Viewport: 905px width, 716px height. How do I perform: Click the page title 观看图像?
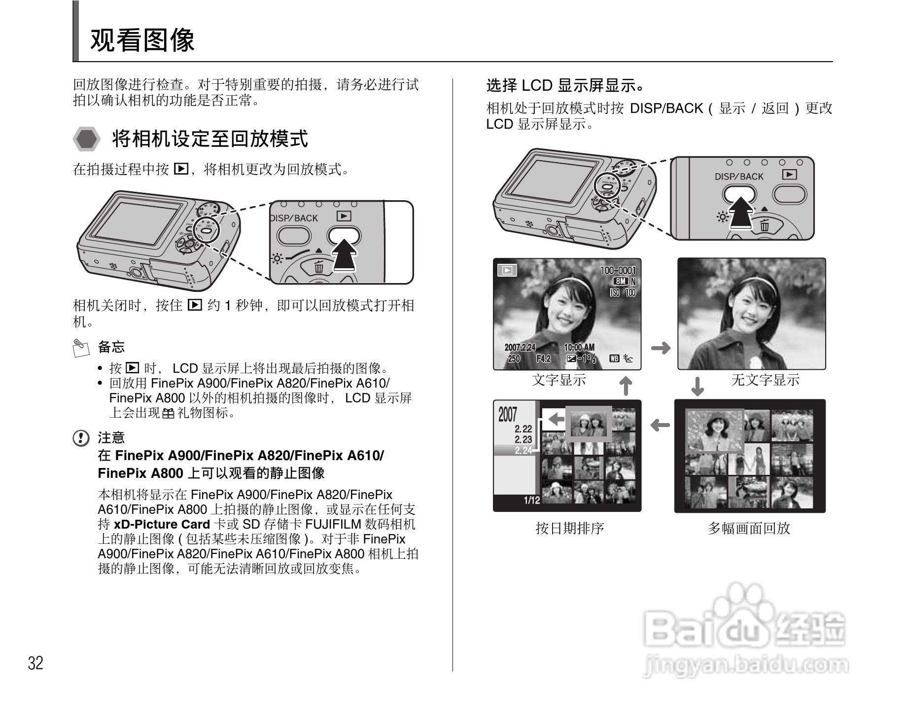pos(142,40)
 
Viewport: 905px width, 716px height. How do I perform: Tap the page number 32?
pos(35,663)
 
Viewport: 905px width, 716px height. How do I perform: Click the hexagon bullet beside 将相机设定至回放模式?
pos(87,139)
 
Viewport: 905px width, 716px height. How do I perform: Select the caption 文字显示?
pos(559,380)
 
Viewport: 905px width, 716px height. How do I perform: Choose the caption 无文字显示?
pos(765,380)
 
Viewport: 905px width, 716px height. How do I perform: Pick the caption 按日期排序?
pos(570,528)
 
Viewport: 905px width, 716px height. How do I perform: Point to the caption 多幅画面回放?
pos(749,528)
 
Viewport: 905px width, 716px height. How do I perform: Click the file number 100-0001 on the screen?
pos(618,270)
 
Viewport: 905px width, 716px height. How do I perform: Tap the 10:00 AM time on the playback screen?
pos(579,347)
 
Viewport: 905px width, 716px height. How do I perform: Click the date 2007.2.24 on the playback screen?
pos(520,347)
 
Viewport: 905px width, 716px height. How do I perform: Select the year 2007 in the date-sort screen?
pos(508,415)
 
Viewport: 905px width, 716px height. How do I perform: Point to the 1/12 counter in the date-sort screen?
pos(532,501)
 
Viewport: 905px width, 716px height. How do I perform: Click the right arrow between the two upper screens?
pos(661,348)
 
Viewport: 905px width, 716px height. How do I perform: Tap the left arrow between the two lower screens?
pos(660,425)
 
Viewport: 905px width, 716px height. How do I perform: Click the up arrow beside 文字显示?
pos(626,386)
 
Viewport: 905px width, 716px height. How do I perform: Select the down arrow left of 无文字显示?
pos(697,387)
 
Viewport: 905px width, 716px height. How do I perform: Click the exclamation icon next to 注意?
pos(81,438)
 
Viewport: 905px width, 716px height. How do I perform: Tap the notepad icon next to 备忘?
pos(80,347)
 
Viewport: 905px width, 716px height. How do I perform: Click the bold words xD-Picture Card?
pos(162,524)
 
